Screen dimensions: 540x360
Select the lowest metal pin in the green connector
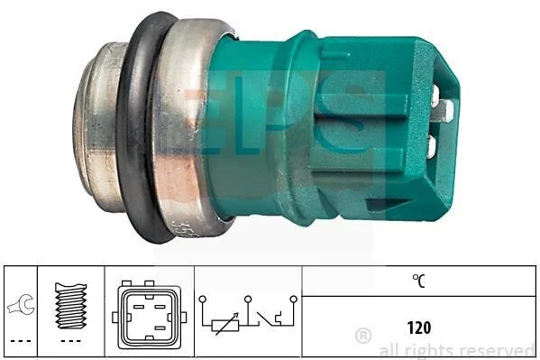pyautogui.click(x=431, y=146)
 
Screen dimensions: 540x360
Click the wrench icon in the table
pyautogui.click(x=21, y=305)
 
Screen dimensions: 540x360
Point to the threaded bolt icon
pyautogui.click(x=71, y=305)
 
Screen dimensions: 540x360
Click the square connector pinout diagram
pyautogui.click(x=149, y=315)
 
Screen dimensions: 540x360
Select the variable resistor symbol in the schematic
pyautogui.click(x=225, y=324)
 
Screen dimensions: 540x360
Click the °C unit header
pyautogui.click(x=419, y=281)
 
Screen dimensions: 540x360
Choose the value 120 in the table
pyautogui.click(x=419, y=328)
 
